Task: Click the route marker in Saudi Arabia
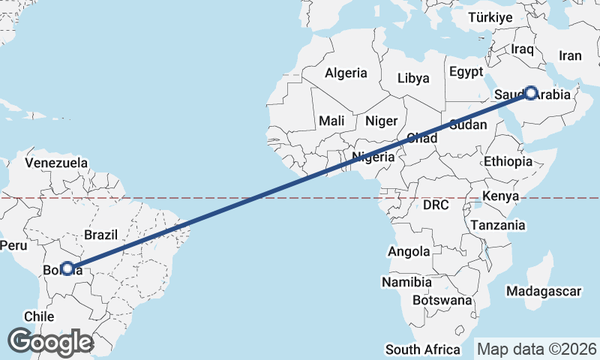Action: pos(531,93)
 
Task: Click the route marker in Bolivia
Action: pos(67,268)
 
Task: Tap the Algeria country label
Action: pos(346,73)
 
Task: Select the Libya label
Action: pos(413,78)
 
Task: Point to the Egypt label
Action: pos(466,72)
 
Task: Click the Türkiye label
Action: pos(490,17)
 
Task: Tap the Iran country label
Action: pos(570,55)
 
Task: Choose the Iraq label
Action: pos(521,49)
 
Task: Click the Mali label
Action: pos(331,121)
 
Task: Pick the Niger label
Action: pos(380,121)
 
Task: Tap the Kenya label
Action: pos(501,196)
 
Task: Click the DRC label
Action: pos(436,205)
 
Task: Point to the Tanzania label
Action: pos(498,224)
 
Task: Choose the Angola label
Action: pos(409,251)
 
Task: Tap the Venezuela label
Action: pos(56,163)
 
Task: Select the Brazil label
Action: pos(100,235)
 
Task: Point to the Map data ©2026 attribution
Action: pos(537,349)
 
